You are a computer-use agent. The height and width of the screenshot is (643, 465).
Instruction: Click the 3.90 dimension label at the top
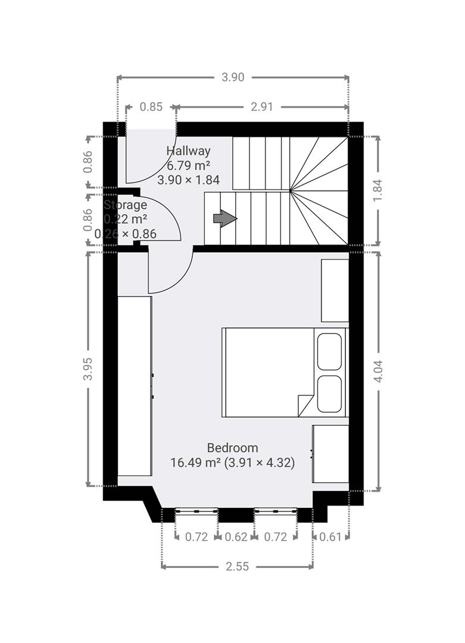point(233,77)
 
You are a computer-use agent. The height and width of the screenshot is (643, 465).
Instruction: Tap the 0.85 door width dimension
point(151,107)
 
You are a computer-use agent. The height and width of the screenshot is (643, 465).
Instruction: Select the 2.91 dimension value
point(262,107)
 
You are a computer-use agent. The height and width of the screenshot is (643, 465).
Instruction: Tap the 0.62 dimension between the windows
point(236,537)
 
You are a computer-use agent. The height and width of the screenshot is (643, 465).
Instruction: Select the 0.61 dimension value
point(330,537)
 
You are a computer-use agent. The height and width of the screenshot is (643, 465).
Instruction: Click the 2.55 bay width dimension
point(237,567)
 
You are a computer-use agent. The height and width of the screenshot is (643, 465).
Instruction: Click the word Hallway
point(188,151)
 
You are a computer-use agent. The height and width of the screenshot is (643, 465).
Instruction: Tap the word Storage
point(126,205)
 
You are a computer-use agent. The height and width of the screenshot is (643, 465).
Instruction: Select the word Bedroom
point(232,448)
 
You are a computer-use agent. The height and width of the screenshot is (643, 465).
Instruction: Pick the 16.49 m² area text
point(194,463)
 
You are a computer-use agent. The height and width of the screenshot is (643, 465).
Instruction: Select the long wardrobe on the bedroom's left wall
point(135,386)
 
